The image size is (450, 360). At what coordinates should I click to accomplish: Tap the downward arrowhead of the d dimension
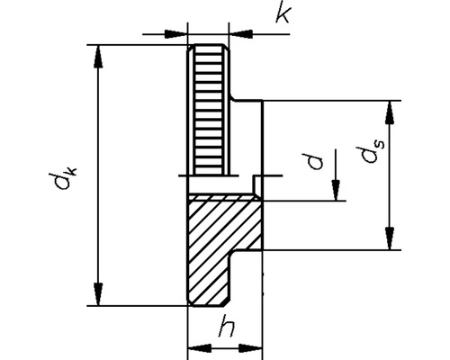pos(334,192)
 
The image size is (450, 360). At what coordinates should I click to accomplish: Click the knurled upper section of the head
pos(208,108)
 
